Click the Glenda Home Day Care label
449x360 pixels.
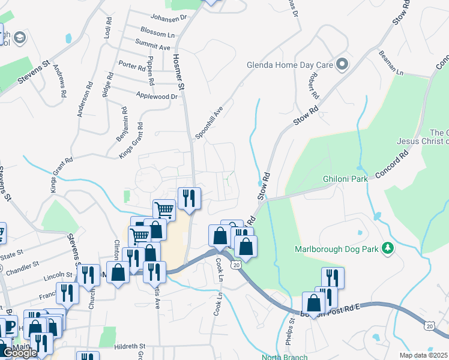[x=289, y=65]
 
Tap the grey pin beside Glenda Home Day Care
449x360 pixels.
[x=343, y=64]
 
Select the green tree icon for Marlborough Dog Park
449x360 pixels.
[x=388, y=248]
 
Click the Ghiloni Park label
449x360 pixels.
[x=344, y=179]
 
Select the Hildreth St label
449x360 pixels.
[x=130, y=346]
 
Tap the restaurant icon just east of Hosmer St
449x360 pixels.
[x=189, y=197]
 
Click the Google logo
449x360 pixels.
[x=20, y=353]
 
